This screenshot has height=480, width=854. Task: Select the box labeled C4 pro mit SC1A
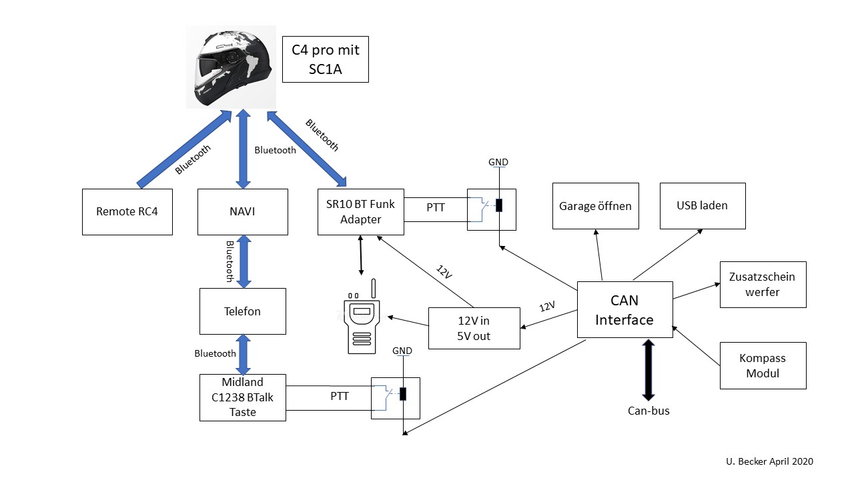(325, 59)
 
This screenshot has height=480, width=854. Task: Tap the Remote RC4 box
(127, 212)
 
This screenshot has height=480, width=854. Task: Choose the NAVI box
(243, 212)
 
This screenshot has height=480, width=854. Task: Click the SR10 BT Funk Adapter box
(361, 212)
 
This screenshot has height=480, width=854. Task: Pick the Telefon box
(243, 311)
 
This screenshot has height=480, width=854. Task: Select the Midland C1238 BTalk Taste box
(243, 397)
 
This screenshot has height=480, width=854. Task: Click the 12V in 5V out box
(474, 328)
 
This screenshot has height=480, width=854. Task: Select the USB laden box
(703, 205)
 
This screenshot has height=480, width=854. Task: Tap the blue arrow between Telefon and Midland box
(243, 354)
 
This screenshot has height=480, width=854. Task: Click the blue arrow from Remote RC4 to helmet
(180, 151)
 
